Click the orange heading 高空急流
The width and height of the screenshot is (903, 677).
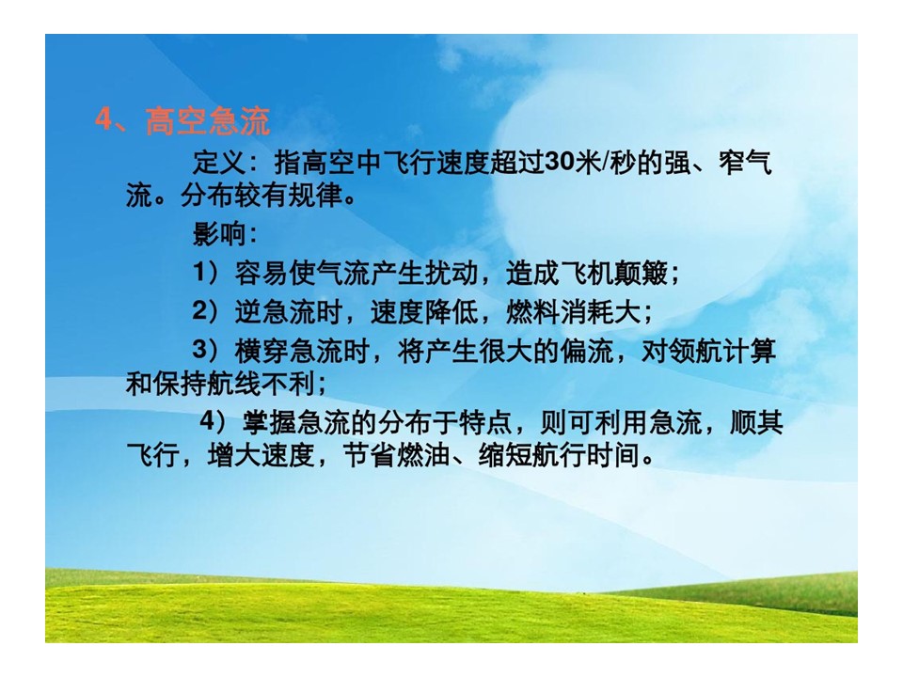207,121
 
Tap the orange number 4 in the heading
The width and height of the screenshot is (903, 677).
103,119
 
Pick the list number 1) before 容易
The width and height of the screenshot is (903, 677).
207,273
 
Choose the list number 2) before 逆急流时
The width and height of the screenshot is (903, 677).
207,311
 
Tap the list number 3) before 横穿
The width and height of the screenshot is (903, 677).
207,350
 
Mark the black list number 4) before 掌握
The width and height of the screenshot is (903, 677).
214,422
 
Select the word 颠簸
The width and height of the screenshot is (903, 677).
642,273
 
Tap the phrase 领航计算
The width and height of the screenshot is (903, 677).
722,351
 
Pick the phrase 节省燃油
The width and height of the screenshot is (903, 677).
397,455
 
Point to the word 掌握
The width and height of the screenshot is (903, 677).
269,422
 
